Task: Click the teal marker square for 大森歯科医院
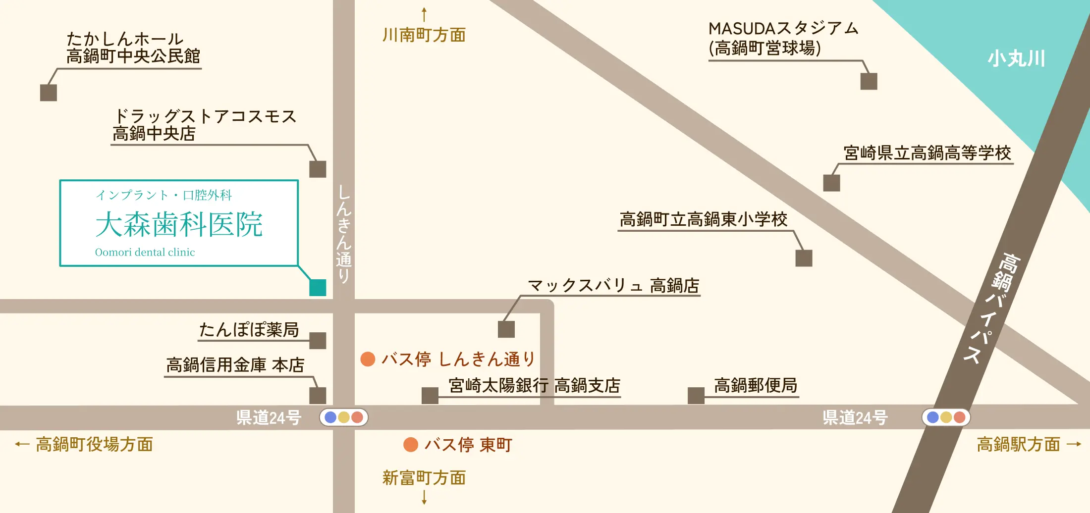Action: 318,288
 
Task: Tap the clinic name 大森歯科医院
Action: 179,224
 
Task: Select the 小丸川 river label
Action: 1016,58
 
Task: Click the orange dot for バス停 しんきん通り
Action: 368,359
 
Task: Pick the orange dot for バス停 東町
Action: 411,445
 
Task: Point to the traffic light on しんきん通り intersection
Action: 344,417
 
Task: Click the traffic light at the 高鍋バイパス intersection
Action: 946,417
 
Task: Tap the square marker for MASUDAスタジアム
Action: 869,81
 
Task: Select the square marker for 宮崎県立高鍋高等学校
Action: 831,183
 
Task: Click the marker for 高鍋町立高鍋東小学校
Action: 804,258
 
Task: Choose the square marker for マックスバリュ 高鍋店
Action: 506,329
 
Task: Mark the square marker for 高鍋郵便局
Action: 696,395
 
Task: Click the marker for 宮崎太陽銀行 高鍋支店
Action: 430,395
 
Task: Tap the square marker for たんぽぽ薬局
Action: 318,341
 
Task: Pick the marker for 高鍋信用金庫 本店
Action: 318,395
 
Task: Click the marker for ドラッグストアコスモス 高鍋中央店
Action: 318,169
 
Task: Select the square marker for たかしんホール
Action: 49,93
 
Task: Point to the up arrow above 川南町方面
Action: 424,14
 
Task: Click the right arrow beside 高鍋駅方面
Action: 1074,444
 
